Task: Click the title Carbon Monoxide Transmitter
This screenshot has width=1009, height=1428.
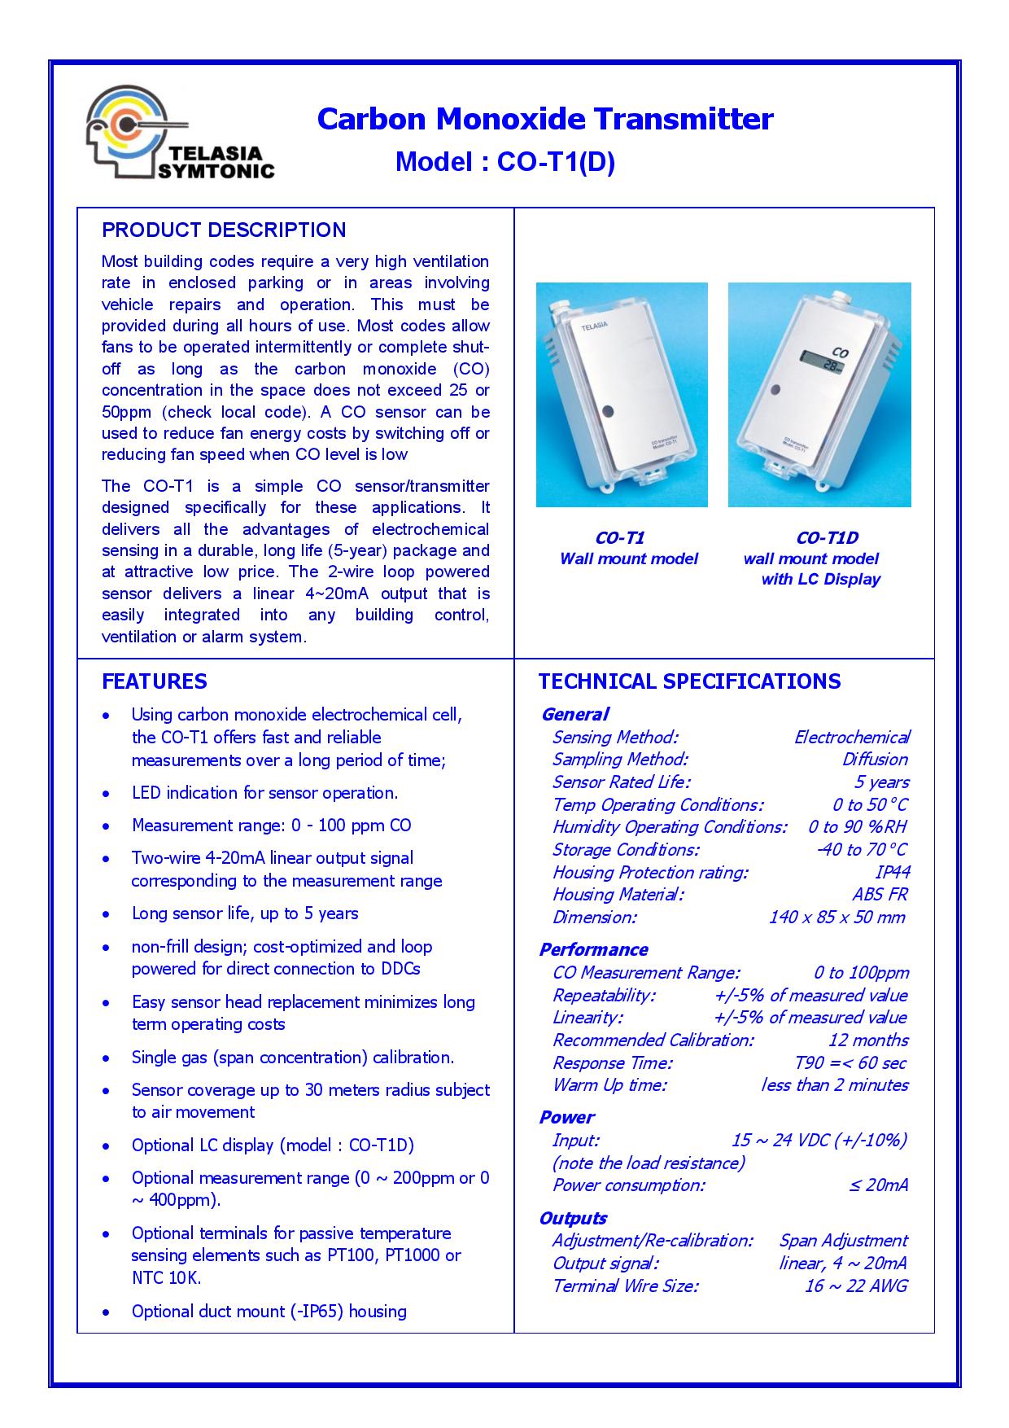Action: pos(544,119)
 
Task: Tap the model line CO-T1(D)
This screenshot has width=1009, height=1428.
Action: pos(504,162)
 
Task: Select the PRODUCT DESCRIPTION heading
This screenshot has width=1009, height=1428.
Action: pos(224,230)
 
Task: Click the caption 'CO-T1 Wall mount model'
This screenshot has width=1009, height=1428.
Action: pos(628,548)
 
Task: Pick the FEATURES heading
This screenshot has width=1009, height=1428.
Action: pos(155,681)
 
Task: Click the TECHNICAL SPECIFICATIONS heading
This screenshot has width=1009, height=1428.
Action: pos(689,681)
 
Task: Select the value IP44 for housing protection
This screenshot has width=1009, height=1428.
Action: pos(893,872)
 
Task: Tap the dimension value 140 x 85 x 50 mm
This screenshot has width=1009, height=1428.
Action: pos(836,917)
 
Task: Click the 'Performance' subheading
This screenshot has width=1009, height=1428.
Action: pos(593,949)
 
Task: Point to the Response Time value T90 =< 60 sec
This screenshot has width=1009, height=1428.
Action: pos(850,1062)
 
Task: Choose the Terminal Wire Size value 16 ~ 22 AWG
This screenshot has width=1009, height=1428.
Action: pos(855,1286)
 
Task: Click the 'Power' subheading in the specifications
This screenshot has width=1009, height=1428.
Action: pos(566,1117)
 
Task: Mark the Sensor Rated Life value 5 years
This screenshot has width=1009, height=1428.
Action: pos(881,782)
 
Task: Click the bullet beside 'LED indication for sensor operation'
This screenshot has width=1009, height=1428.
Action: pos(106,794)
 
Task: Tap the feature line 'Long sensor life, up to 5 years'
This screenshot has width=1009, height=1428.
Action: pos(245,913)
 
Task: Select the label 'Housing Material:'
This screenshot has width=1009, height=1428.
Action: pos(618,894)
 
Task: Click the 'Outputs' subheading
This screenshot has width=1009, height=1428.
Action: pos(573,1218)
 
